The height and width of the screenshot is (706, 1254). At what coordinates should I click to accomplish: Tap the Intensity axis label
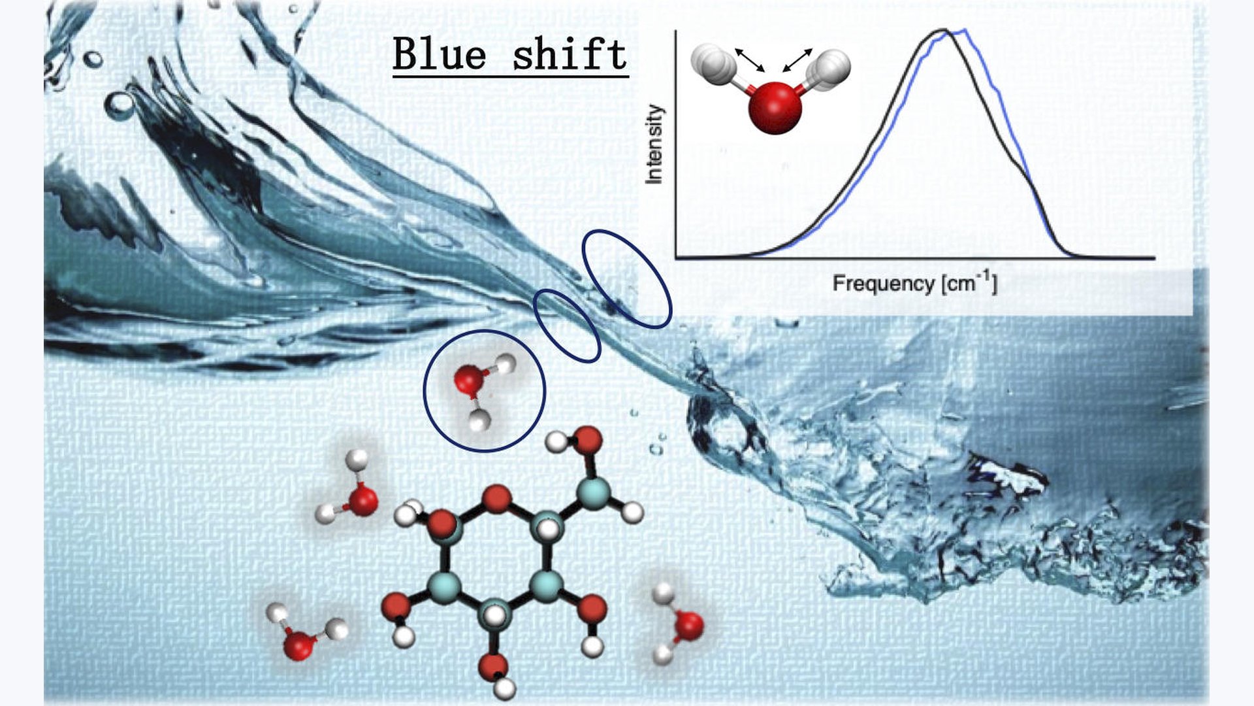pyautogui.click(x=654, y=144)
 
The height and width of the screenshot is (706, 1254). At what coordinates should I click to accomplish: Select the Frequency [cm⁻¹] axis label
pyautogui.click(x=914, y=283)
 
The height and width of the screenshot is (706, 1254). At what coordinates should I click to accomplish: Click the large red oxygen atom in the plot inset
pyautogui.click(x=775, y=107)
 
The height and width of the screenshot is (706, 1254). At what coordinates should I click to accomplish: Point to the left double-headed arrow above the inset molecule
pyautogui.click(x=750, y=59)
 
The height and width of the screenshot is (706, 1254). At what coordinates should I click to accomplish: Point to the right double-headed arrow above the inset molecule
pyautogui.click(x=797, y=59)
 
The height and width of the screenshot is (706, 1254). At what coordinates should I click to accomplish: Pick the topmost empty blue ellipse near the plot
pyautogui.click(x=627, y=278)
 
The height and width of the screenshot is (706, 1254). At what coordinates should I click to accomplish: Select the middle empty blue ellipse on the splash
pyautogui.click(x=567, y=326)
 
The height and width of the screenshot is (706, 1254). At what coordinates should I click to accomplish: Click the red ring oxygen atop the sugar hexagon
pyautogui.click(x=498, y=499)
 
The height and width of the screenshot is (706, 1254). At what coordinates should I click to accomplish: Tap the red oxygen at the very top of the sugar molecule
pyautogui.click(x=589, y=439)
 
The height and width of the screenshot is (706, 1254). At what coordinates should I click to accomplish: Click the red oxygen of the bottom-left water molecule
pyautogui.click(x=299, y=646)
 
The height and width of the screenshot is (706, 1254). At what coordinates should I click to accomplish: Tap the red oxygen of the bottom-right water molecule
pyautogui.click(x=688, y=625)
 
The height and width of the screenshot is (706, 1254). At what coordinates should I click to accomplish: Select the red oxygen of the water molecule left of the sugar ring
pyautogui.click(x=362, y=501)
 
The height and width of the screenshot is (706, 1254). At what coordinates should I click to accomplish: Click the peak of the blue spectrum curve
pyautogui.click(x=964, y=30)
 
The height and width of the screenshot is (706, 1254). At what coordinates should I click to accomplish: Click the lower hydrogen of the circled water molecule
pyautogui.click(x=480, y=420)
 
